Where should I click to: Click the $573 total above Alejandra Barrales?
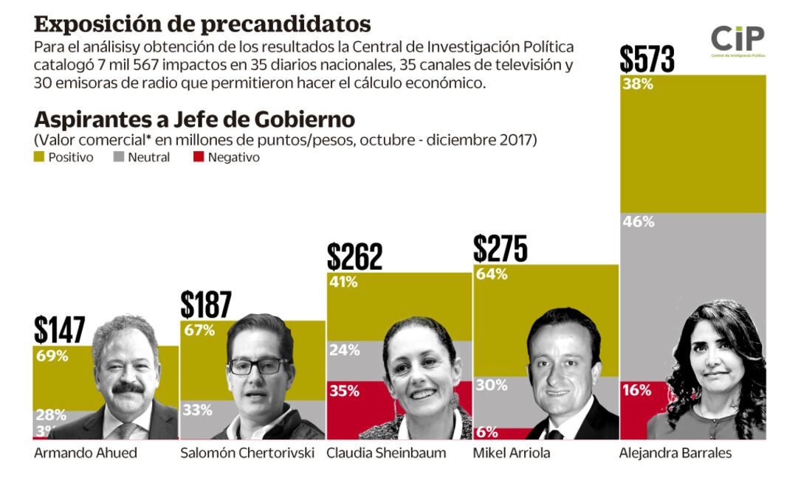(647, 58)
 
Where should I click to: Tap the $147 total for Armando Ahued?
(60, 330)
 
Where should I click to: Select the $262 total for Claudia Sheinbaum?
(355, 257)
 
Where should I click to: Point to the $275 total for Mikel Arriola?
(501, 248)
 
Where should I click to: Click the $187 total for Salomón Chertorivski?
(206, 304)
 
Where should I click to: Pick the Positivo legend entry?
(64, 157)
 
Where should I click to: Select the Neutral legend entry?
(142, 157)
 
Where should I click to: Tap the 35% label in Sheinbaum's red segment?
(343, 391)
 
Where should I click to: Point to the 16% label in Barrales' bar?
(637, 391)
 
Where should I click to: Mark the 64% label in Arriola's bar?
(492, 274)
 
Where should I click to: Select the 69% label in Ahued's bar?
(52, 356)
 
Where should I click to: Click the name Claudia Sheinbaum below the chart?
(386, 453)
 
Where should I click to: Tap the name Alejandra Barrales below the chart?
(675, 453)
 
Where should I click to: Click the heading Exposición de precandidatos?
(202, 24)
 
